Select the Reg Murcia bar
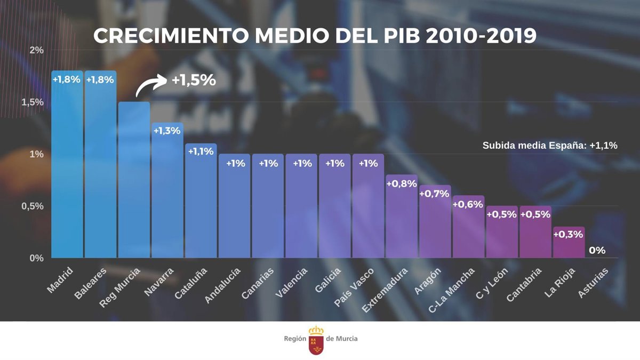coord(134,181)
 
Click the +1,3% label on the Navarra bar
coord(167,131)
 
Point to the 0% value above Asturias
coord(597,250)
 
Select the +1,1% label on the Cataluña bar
coord(201,151)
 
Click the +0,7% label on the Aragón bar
coord(435,194)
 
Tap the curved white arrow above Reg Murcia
coord(151,85)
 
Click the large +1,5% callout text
coord(194,81)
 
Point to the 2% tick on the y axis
coord(37,50)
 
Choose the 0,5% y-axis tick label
coord(33,206)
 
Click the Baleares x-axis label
coord(91,282)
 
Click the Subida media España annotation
coord(550,145)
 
